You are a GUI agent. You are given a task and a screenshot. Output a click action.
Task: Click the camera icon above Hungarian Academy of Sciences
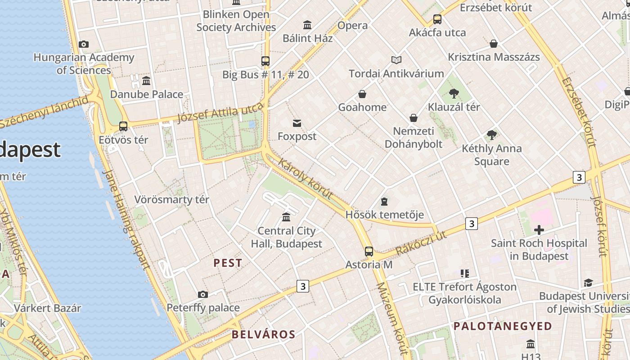tap(83, 44)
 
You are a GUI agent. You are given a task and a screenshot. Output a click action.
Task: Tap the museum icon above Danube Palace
tap(146, 81)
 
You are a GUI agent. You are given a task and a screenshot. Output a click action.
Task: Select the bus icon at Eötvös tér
tap(123, 126)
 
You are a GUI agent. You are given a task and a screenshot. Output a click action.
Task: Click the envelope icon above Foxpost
tap(297, 123)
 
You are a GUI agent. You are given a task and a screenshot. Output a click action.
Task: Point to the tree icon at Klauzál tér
tap(454, 94)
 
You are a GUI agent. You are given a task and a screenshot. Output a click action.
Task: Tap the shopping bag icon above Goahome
tap(362, 94)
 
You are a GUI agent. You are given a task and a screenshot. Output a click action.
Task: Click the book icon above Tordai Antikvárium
tap(396, 60)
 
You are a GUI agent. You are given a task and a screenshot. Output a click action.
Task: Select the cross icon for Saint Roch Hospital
tap(539, 230)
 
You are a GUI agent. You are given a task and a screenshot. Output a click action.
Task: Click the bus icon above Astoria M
tap(369, 252)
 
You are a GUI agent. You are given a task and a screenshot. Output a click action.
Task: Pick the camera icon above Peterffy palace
tap(203, 294)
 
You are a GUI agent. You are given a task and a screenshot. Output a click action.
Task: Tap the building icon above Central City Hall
tap(286, 217)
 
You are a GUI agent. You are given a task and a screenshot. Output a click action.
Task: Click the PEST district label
tap(228, 263)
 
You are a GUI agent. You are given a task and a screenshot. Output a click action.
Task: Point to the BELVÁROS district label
tap(263, 334)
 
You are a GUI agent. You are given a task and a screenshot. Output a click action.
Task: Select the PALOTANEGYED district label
tap(503, 326)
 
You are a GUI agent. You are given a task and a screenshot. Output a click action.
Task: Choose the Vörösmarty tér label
tap(172, 199)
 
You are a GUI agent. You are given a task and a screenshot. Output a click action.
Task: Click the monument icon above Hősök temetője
tap(384, 201)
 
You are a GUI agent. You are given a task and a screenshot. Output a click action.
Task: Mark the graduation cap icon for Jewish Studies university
tap(588, 283)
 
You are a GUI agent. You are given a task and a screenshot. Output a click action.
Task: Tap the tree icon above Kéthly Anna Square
tap(492, 135)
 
